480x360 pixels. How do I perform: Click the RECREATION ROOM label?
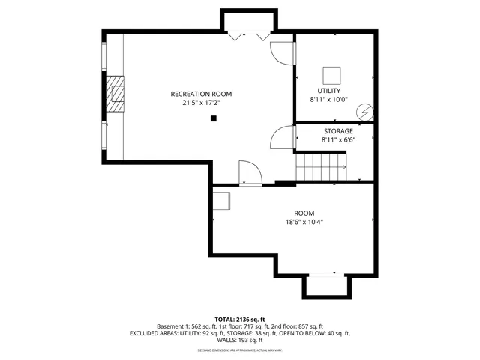click(201, 94)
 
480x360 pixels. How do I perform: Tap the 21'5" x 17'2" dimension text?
click(201, 103)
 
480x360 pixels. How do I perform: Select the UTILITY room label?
click(328, 90)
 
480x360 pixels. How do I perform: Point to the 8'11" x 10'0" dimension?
click(328, 99)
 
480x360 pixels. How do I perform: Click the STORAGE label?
click(338, 130)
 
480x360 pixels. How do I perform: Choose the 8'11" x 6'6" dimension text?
click(338, 139)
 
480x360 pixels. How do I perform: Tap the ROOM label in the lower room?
click(304, 212)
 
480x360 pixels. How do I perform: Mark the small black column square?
click(214, 118)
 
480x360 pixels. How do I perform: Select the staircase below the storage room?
click(320, 166)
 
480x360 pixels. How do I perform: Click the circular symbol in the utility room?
click(364, 111)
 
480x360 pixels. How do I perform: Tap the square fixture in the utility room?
click(331, 75)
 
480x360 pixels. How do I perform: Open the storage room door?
click(282, 137)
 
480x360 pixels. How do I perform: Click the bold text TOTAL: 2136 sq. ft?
click(240, 319)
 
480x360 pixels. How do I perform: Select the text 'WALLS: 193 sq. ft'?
click(240, 340)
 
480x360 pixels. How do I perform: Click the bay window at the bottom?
click(326, 285)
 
